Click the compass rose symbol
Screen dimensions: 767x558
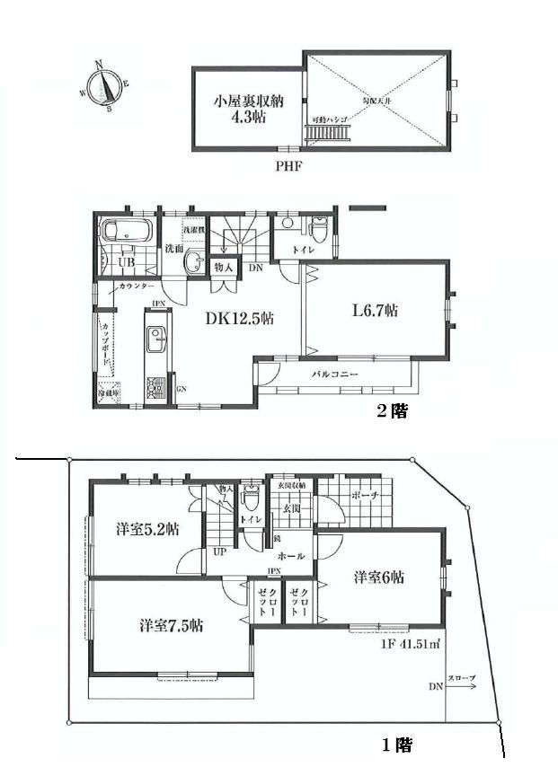click(x=107, y=84)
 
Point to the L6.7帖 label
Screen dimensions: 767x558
click(x=374, y=310)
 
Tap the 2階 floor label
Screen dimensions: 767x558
click(x=393, y=411)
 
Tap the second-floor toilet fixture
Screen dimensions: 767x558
click(x=317, y=226)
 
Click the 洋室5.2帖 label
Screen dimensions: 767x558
click(x=146, y=529)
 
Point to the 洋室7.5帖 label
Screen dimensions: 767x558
click(x=169, y=625)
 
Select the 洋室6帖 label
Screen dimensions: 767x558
click(x=377, y=576)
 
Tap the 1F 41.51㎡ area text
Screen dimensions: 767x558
click(x=407, y=644)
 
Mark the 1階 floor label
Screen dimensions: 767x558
click(x=396, y=745)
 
